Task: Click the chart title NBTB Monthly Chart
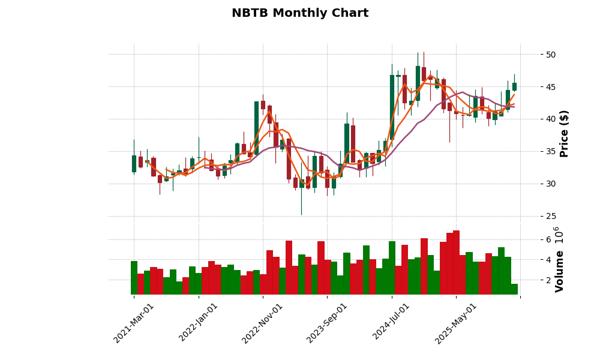(x=300, y=13)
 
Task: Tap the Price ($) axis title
(x=564, y=133)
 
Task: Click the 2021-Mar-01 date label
(x=134, y=323)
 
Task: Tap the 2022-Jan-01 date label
(x=199, y=323)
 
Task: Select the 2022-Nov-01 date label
(x=262, y=323)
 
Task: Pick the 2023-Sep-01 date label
(x=327, y=323)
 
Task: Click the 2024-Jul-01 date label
(x=392, y=323)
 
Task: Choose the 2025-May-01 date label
(x=456, y=323)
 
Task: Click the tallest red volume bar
(x=456, y=262)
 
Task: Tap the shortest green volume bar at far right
(x=514, y=289)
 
